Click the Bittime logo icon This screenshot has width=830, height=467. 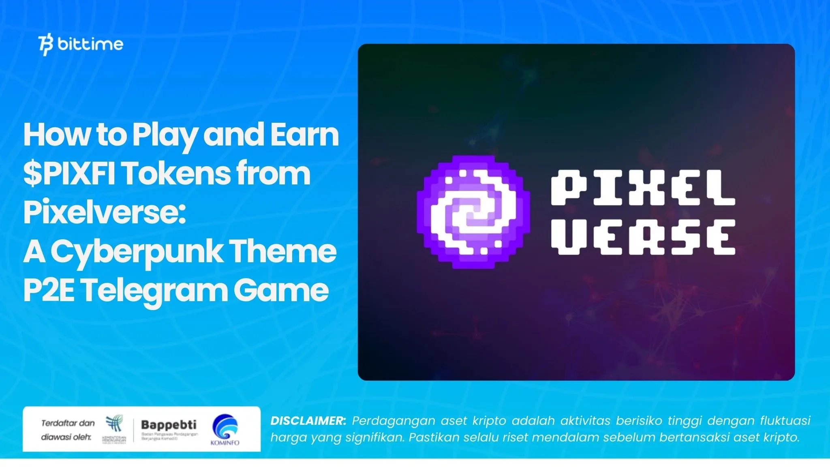(x=46, y=45)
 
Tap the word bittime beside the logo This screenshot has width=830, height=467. (x=90, y=44)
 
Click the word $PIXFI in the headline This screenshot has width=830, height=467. (x=69, y=174)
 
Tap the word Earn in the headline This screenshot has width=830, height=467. (x=304, y=135)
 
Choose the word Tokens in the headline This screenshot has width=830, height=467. (x=175, y=174)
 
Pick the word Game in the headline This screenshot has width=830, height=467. (x=281, y=290)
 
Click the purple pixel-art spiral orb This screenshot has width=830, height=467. (x=473, y=212)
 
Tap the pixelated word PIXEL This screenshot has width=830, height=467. (x=643, y=188)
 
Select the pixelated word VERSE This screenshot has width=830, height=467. (x=643, y=237)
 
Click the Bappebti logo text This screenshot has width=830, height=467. (x=169, y=425)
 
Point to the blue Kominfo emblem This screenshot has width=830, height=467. (x=225, y=426)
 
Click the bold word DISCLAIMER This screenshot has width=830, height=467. (x=308, y=421)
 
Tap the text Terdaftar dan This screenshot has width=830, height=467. (x=68, y=423)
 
